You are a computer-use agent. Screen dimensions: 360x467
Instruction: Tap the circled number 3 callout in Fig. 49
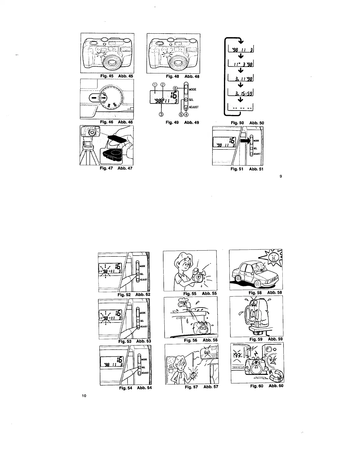pyautogui.click(x=161, y=114)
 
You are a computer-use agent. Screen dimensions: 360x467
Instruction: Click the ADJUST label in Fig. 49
pyautogui.click(x=194, y=107)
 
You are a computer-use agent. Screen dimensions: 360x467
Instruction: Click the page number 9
pyautogui.click(x=281, y=177)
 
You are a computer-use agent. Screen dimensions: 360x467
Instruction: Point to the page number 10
pyautogui.click(x=84, y=395)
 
